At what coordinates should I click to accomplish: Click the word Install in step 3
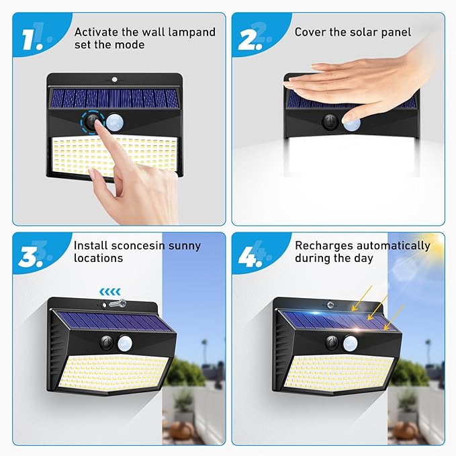(x=91, y=246)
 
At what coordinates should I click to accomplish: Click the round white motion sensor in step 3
(x=126, y=343)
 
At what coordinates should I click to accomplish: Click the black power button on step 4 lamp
(x=332, y=343)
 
